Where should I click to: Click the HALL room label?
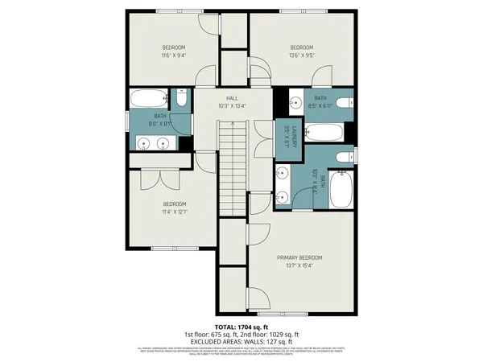232,97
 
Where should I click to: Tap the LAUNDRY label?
295,136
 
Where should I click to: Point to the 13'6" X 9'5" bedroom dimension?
301,56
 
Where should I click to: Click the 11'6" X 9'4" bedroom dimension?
174,56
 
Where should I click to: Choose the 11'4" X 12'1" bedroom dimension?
175,212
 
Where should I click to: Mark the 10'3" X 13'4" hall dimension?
232,105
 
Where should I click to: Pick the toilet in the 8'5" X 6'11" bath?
344,102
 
